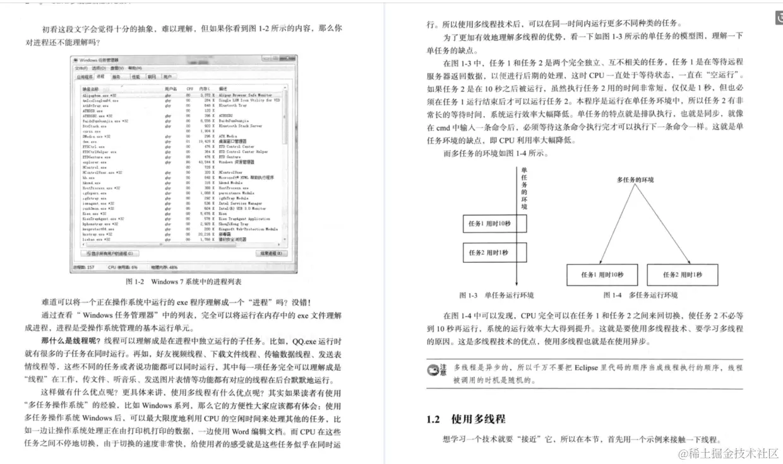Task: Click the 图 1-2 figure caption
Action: click(183, 282)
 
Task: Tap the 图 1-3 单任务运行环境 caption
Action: click(496, 295)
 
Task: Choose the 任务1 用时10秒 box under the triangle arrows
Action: click(602, 275)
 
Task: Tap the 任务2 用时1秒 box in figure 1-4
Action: click(682, 275)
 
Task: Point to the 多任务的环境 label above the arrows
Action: click(635, 180)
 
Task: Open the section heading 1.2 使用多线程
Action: click(465, 419)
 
